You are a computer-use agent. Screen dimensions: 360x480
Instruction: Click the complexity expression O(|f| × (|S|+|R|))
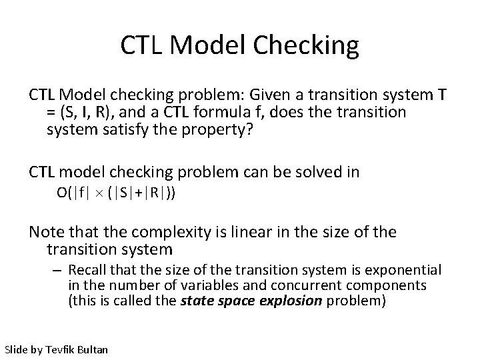117,194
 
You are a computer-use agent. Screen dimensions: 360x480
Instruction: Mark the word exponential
406,270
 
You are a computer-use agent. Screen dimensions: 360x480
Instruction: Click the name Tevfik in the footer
61,348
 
